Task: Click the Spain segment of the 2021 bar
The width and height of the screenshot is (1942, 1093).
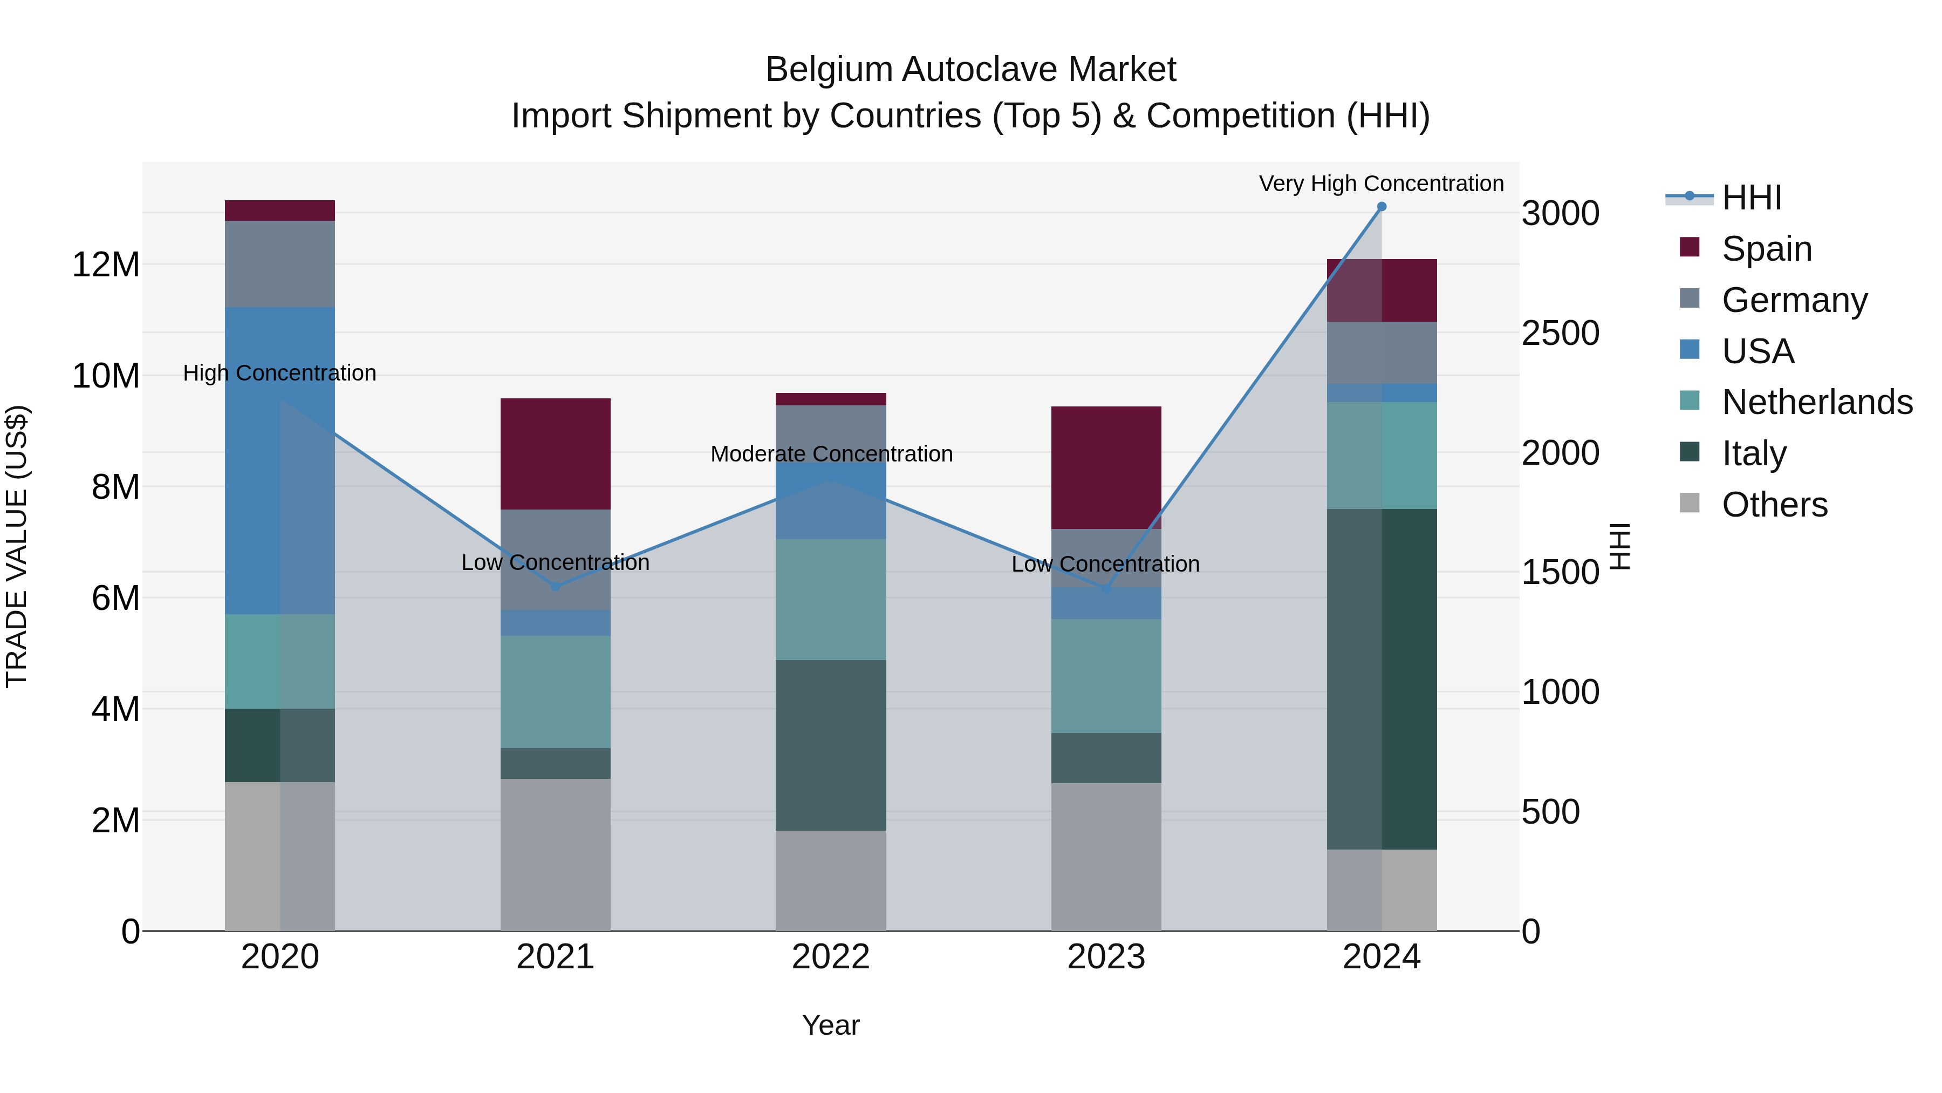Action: [x=555, y=453]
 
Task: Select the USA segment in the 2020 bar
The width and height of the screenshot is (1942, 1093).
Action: [x=279, y=460]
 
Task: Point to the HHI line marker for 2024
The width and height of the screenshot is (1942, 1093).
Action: [x=1381, y=207]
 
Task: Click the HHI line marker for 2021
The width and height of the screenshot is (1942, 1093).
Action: [x=555, y=587]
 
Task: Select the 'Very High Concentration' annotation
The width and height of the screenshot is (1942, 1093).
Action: [x=1381, y=184]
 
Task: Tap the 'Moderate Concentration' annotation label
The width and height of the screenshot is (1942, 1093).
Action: [x=831, y=454]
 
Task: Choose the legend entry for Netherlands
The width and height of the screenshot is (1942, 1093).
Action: [x=1817, y=402]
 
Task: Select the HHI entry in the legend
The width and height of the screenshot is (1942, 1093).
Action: [x=1751, y=198]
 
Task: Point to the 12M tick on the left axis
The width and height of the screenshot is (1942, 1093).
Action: [x=106, y=265]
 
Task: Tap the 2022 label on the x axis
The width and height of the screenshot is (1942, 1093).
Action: [x=831, y=957]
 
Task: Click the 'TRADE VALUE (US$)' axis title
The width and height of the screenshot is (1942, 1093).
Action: [x=17, y=546]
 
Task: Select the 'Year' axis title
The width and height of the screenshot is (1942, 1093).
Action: [x=831, y=1025]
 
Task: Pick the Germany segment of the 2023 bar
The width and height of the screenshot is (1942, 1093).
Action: [x=1106, y=558]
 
